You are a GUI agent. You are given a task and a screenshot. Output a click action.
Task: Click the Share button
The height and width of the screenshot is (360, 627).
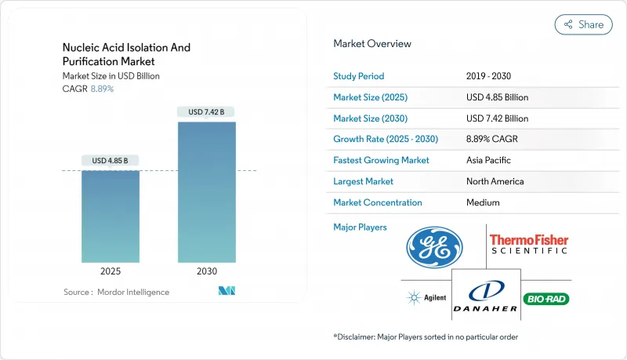[583, 24]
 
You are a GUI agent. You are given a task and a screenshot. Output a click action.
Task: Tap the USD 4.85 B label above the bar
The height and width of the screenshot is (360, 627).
[111, 161]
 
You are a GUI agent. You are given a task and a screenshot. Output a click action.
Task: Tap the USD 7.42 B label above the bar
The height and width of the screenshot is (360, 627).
[206, 112]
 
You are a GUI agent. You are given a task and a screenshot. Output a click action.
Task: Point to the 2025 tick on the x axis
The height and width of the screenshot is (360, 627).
[111, 271]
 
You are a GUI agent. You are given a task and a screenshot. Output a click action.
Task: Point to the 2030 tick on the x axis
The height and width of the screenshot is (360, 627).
[206, 271]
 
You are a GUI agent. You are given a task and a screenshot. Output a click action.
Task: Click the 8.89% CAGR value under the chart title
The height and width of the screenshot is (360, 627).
[102, 89]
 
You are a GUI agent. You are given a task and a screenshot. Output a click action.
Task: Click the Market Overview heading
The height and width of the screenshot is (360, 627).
[371, 44]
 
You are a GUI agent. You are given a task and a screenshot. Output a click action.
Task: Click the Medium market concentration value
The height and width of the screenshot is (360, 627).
[483, 202]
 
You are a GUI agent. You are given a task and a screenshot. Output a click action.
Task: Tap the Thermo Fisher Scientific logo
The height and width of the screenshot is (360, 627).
[528, 244]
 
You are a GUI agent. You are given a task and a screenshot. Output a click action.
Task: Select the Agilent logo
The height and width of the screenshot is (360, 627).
[424, 298]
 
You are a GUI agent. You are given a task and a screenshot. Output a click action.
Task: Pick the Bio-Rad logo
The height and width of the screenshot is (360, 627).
[548, 298]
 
